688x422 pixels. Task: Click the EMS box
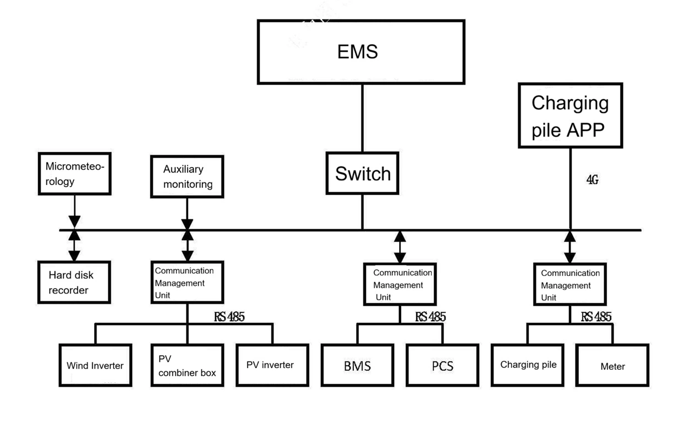(x=361, y=52)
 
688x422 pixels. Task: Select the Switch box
(x=362, y=174)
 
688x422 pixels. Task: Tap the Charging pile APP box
(x=570, y=116)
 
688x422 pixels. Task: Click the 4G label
(x=592, y=180)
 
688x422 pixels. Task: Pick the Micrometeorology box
(x=74, y=174)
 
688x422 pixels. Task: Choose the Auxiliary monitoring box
(x=187, y=177)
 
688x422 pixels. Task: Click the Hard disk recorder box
(x=74, y=283)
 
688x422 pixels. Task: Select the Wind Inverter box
(x=95, y=365)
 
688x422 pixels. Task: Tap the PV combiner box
(x=187, y=365)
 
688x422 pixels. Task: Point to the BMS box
(x=357, y=365)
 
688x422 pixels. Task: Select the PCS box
(x=442, y=365)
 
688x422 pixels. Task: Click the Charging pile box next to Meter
(x=528, y=365)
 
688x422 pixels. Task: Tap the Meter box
(x=612, y=366)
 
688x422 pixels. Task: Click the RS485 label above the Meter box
(x=596, y=317)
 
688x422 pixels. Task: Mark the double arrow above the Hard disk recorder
(x=74, y=246)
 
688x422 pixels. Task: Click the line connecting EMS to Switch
(x=362, y=118)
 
